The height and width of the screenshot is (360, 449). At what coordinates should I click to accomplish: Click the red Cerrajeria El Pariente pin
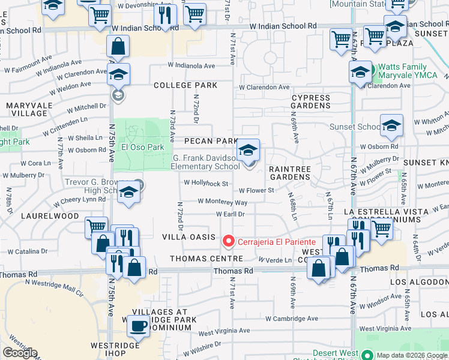tap(228, 241)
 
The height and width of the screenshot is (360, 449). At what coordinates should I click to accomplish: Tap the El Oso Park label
tap(143, 147)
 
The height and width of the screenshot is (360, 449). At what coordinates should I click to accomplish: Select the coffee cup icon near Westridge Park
tap(139, 326)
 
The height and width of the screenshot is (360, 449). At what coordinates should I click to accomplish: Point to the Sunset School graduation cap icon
tap(391, 125)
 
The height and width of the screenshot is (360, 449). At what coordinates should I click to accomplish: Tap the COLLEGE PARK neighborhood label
tap(185, 85)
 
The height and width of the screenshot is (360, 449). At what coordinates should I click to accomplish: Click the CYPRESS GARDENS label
tap(311, 101)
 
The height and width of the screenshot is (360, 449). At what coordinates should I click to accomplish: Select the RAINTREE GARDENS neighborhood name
tap(289, 173)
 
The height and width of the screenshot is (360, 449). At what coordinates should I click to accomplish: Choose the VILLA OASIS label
tap(188, 237)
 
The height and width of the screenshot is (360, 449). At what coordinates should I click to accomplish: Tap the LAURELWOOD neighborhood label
tap(51, 215)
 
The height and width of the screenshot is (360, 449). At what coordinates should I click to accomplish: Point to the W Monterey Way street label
tap(222, 203)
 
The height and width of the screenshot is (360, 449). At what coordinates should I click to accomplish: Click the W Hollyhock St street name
tap(206, 184)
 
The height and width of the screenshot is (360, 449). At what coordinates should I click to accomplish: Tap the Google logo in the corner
tap(20, 353)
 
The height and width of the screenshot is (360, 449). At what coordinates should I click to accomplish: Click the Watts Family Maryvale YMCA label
tap(411, 71)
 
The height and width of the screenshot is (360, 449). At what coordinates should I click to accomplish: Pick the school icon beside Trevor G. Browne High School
tap(128, 193)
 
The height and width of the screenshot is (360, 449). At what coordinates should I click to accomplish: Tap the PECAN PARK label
tap(211, 141)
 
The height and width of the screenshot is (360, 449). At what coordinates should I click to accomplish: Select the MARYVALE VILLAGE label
tap(27, 109)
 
